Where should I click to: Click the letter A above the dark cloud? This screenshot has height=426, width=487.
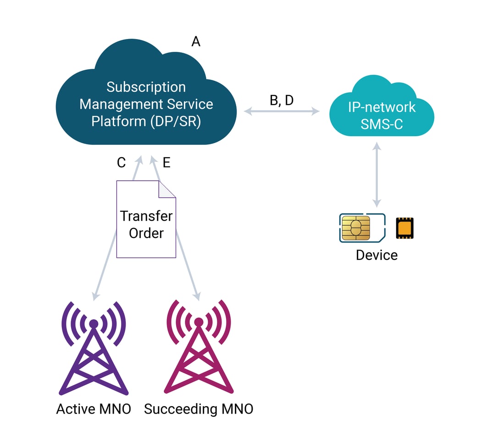pyautogui.click(x=196, y=42)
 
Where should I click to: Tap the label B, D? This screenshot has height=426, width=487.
pyautogui.click(x=281, y=100)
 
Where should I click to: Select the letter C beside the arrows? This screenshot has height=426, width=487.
pyautogui.click(x=121, y=163)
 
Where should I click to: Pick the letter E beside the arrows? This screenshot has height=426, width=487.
pyautogui.click(x=166, y=163)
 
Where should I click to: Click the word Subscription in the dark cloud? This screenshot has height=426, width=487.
pyautogui.click(x=146, y=87)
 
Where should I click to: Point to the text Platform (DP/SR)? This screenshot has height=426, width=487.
pyautogui.click(x=146, y=122)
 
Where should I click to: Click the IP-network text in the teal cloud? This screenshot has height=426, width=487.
pyautogui.click(x=382, y=107)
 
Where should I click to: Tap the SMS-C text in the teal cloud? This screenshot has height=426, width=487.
pyautogui.click(x=382, y=124)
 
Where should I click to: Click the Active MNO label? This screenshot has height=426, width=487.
pyautogui.click(x=94, y=409)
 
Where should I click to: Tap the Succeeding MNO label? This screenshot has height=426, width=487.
pyautogui.click(x=199, y=409)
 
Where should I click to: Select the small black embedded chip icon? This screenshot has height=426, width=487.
pyautogui.click(x=404, y=228)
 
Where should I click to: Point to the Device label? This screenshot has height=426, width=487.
pyautogui.click(x=376, y=255)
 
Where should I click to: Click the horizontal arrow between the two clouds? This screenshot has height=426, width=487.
pyautogui.click(x=282, y=111)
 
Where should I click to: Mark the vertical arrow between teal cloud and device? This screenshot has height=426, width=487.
pyautogui.click(x=377, y=175)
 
